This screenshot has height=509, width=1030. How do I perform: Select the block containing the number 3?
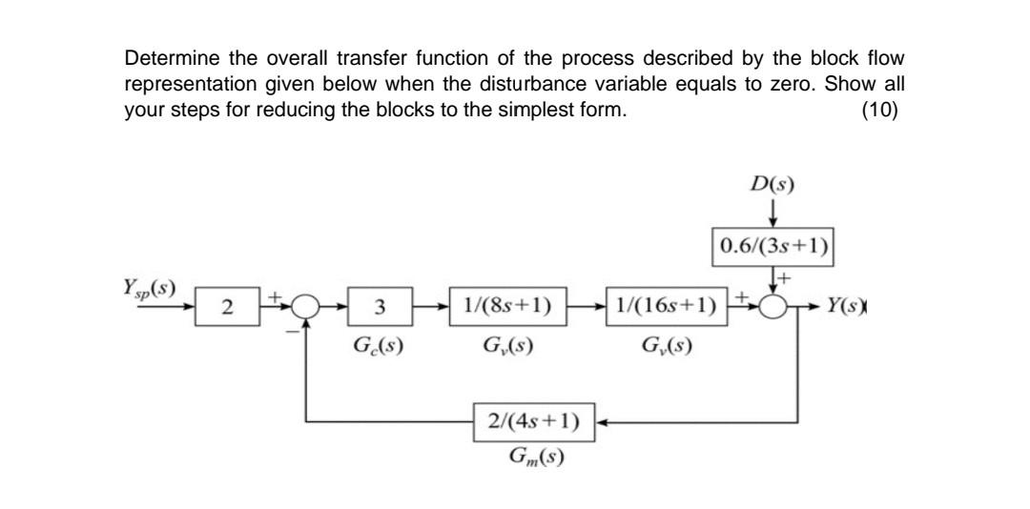(x=379, y=309)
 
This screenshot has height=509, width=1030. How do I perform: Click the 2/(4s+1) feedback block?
(x=534, y=420)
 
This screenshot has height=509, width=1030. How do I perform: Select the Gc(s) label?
(x=378, y=345)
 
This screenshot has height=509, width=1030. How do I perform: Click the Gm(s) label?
(x=534, y=457)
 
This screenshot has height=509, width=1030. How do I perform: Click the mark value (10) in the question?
(x=878, y=110)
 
